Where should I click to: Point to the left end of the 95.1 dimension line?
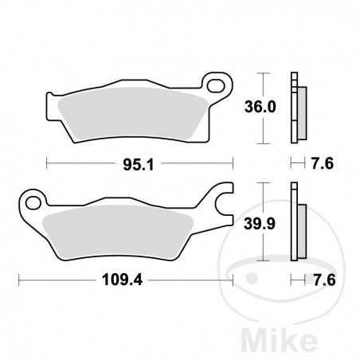(48, 166)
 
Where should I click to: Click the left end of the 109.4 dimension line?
(19, 280)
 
